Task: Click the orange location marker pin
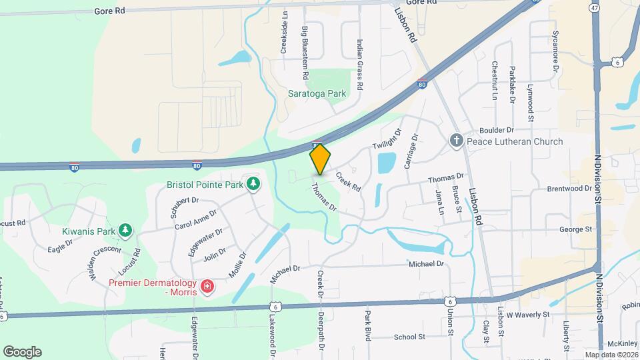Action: pos(320,159)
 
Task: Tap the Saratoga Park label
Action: pos(317,93)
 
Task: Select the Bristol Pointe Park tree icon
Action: pos(253,183)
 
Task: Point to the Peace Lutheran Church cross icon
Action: pos(456,141)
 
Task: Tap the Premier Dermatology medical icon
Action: pos(208,287)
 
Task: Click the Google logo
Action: pos(22,351)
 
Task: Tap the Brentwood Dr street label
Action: pos(569,189)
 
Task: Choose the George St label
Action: pos(576,229)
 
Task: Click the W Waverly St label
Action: pos(527,313)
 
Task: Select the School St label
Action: pos(409,337)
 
